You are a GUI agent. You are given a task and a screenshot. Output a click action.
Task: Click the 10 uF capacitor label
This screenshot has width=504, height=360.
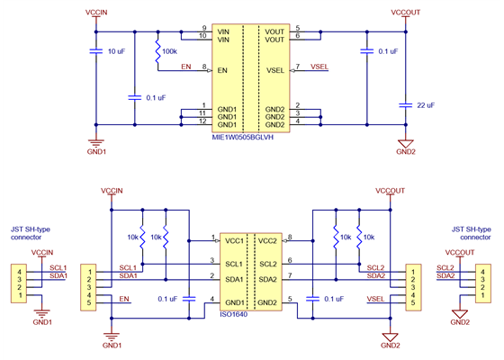click(116, 52)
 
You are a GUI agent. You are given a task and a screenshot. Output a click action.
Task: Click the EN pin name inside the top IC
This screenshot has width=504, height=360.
click(222, 68)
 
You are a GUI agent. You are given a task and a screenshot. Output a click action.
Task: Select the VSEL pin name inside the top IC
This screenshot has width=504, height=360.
click(275, 68)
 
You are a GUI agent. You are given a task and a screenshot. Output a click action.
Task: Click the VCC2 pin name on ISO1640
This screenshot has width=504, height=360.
click(267, 240)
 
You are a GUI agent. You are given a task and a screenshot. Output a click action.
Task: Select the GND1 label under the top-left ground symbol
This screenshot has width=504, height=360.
click(96, 151)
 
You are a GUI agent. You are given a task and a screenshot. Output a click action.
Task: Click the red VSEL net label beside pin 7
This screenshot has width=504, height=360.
click(319, 66)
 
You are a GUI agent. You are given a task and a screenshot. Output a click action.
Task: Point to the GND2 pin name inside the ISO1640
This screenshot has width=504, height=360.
click(267, 302)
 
